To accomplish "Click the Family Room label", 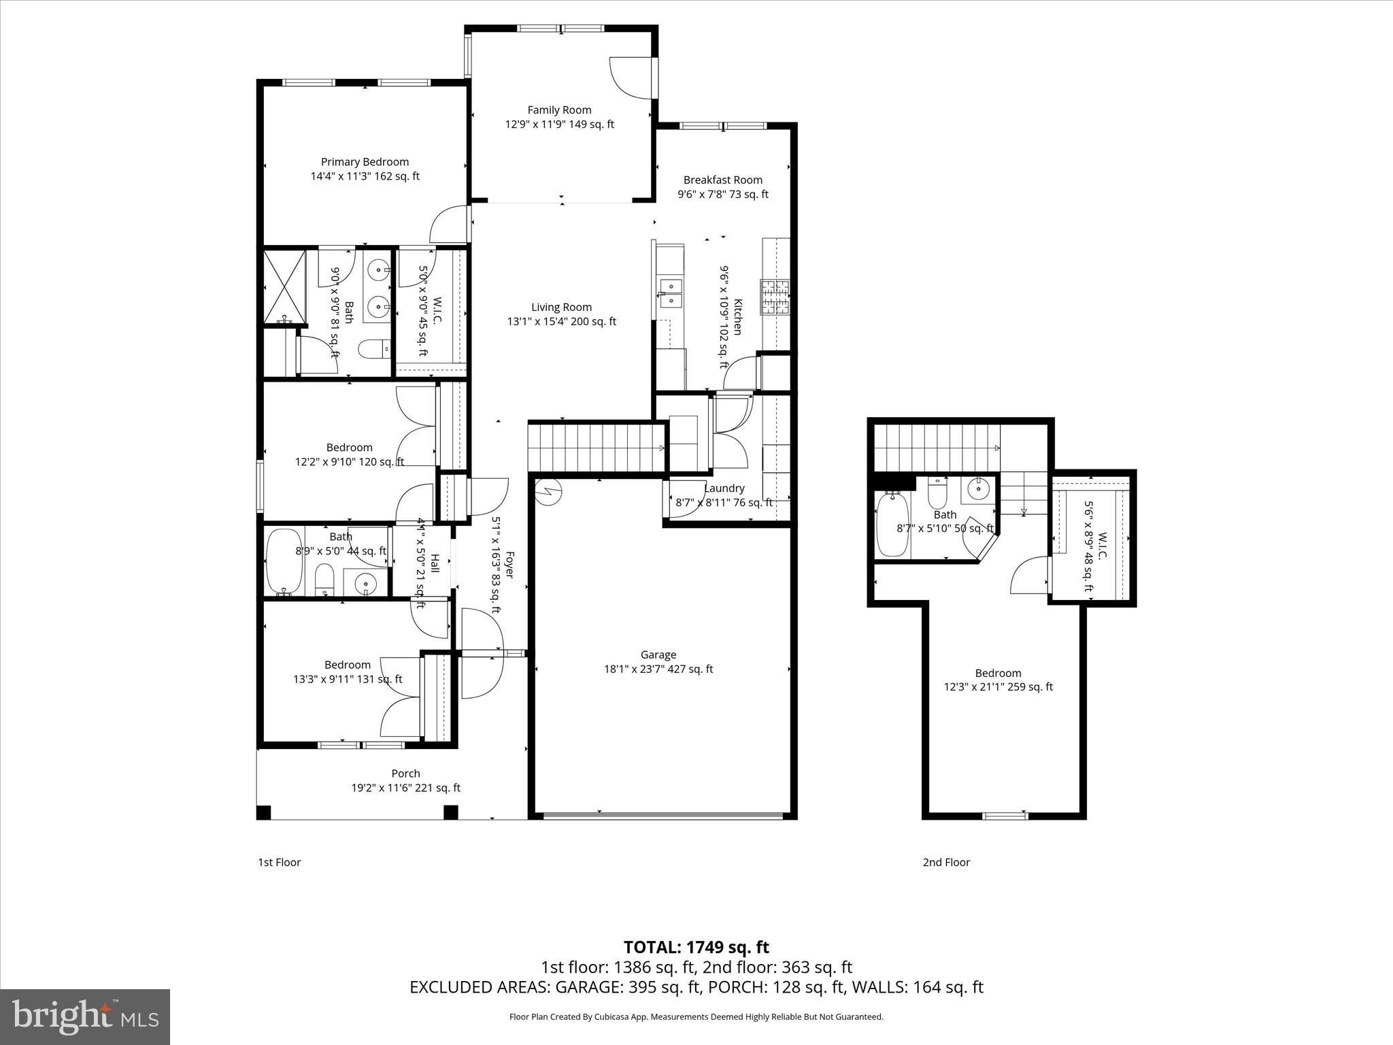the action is pyautogui.click(x=559, y=110).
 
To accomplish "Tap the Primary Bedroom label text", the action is pyautogui.click(x=365, y=162).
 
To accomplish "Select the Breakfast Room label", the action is pyautogui.click(x=723, y=180).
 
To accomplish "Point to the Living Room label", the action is pyautogui.click(x=561, y=307).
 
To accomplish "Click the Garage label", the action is pyautogui.click(x=658, y=654).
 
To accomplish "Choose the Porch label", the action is pyautogui.click(x=405, y=773).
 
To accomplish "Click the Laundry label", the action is pyautogui.click(x=724, y=488).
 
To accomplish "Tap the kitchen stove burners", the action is pyautogui.click(x=775, y=297).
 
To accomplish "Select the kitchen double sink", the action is pyautogui.click(x=670, y=293).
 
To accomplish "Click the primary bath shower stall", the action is pyautogui.click(x=284, y=286).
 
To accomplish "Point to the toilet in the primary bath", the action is pyautogui.click(x=374, y=349).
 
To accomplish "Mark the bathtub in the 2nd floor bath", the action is pyautogui.click(x=888, y=525).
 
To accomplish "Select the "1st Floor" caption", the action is pyautogui.click(x=279, y=862).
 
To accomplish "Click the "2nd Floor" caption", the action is pyautogui.click(x=946, y=862).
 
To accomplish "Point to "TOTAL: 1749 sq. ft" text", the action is pyautogui.click(x=696, y=947).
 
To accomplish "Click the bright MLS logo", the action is pyautogui.click(x=85, y=1017).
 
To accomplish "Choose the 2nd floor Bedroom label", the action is pyautogui.click(x=998, y=673).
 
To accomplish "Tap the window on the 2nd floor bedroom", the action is pyautogui.click(x=1005, y=816).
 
